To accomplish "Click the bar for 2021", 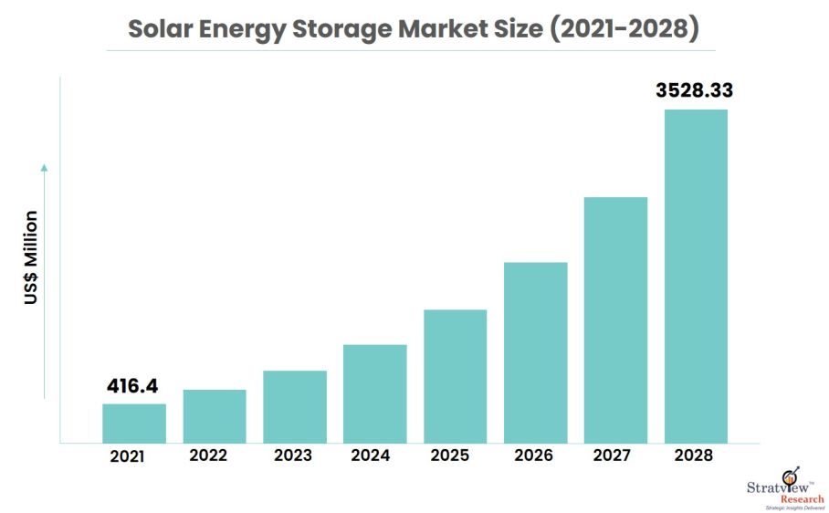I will pyautogui.click(x=134, y=424).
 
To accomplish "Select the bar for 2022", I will pyautogui.click(x=215, y=416).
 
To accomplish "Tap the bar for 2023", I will pyautogui.click(x=295, y=407).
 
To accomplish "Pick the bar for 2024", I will pyautogui.click(x=375, y=393).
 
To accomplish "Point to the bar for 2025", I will pyautogui.click(x=455, y=376).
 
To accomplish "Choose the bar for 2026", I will pyautogui.click(x=535, y=352).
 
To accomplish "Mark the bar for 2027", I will pyautogui.click(x=615, y=319).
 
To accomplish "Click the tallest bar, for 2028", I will pyautogui.click(x=696, y=276).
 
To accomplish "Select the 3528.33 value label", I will pyautogui.click(x=695, y=90).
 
